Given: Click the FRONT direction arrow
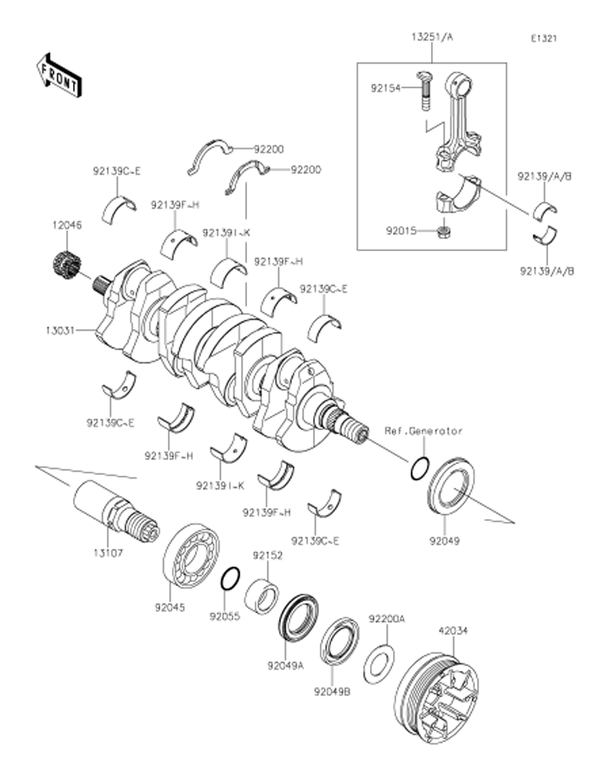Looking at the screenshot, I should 59,75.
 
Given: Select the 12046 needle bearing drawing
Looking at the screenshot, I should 65,266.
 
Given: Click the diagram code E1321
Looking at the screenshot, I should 543,39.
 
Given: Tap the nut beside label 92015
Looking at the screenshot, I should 444,232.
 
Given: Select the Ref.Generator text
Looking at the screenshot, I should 423,431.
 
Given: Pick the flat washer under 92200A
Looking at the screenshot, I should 378,663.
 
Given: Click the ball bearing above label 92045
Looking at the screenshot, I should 191,557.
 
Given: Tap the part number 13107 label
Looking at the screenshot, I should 108,551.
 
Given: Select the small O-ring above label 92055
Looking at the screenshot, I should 229,580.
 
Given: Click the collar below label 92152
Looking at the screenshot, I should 261,595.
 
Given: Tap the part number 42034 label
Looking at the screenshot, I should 453,630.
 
